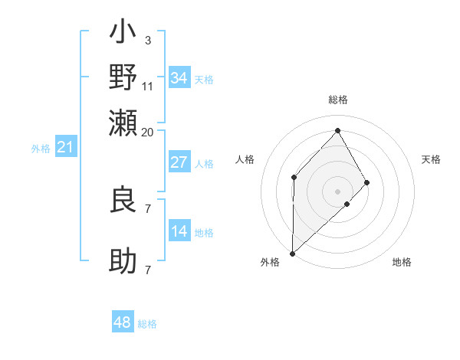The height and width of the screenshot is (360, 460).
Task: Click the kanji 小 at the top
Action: [123, 34]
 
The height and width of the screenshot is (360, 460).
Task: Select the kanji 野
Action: [123, 78]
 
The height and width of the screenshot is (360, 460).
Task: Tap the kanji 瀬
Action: [123, 122]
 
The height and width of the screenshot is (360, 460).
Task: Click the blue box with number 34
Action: [179, 78]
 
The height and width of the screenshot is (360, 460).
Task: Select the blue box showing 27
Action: [179, 162]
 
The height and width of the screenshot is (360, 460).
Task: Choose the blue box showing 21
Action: [64, 147]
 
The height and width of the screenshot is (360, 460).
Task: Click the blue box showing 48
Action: [123, 322]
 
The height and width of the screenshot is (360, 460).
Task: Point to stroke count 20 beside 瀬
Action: [147, 132]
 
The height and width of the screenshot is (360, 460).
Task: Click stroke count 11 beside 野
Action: [148, 85]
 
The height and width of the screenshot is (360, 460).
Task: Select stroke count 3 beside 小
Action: [147, 40]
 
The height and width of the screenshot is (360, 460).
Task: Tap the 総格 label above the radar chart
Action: [338, 100]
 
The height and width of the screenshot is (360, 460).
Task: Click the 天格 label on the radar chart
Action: [431, 159]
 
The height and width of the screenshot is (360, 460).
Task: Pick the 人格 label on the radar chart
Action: [245, 159]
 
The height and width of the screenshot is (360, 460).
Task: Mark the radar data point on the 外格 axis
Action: [292, 253]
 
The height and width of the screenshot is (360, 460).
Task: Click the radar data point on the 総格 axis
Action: [338, 130]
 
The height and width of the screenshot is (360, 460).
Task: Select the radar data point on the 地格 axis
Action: [347, 204]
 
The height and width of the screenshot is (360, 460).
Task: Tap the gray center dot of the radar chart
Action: [338, 191]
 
